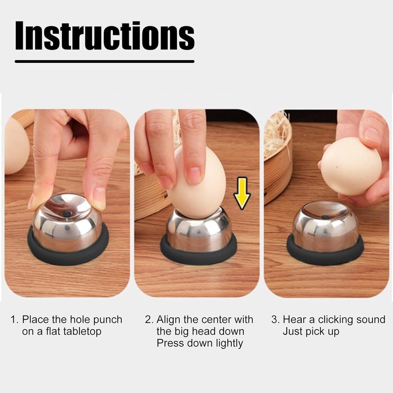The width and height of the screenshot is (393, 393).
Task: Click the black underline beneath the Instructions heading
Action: (105, 61)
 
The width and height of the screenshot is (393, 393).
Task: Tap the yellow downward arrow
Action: (242, 193)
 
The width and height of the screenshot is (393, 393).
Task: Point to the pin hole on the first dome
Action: (66, 213)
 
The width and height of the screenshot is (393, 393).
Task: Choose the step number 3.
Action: (275, 320)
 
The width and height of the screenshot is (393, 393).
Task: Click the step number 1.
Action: (14, 320)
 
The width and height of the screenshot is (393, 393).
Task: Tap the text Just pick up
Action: (310, 332)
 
